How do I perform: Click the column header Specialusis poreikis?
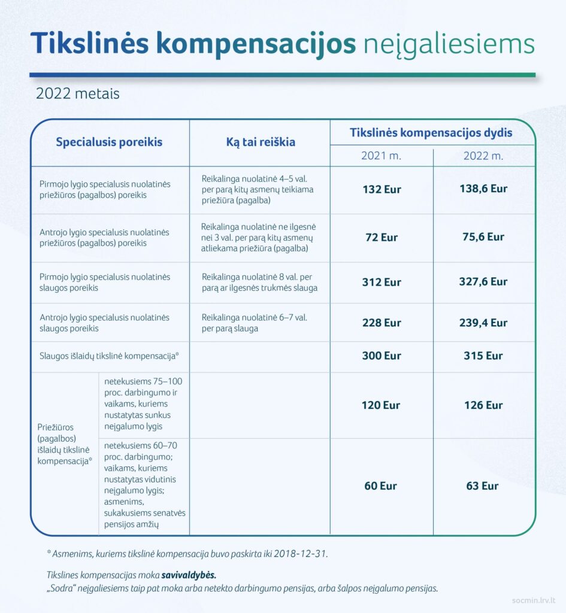coord(109,142)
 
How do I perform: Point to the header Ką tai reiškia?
coord(260,142)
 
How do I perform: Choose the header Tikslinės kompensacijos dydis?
coord(431,132)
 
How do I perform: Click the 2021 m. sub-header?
coord(381,156)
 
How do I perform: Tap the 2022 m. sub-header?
coord(483,156)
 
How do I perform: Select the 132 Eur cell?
coord(382,189)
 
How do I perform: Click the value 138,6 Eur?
coord(483,189)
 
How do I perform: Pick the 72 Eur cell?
coord(382,237)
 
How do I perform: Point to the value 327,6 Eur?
coord(483,281)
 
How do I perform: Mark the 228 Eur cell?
coord(382,323)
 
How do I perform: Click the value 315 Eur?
coord(483,356)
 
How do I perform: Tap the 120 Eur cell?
coord(381,405)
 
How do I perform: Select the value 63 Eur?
coord(483,485)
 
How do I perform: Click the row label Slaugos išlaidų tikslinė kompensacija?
coord(110,356)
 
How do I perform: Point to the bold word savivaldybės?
coord(189,575)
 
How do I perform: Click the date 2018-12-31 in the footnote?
coord(301,554)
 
